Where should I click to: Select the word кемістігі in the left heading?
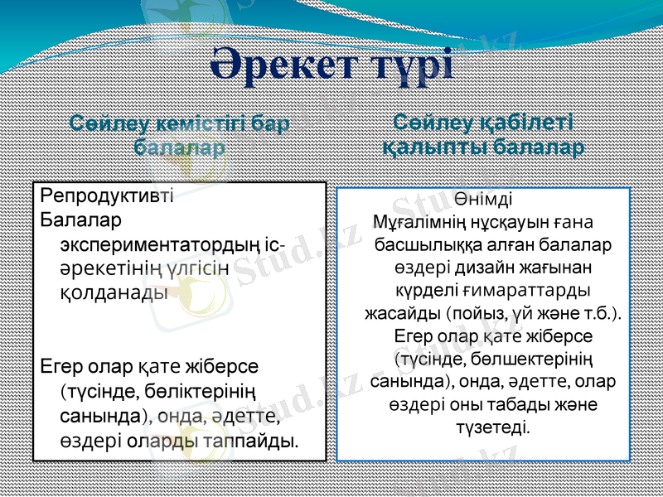[x=196, y=125]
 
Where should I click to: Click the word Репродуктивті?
[x=106, y=196]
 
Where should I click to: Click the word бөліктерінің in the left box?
[x=206, y=389]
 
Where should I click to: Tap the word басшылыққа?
[x=425, y=245]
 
